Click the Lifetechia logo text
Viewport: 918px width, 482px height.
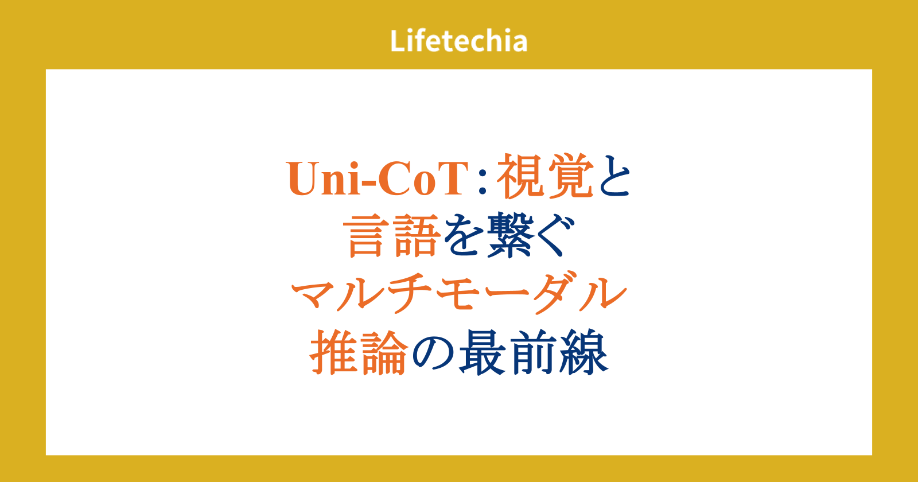click(458, 41)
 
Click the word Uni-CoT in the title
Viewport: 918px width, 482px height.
click(378, 178)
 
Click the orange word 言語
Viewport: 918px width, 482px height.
click(392, 235)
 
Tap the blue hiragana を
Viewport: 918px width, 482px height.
click(462, 236)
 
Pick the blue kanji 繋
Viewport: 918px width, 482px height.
click(508, 235)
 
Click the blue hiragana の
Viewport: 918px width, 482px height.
click(433, 353)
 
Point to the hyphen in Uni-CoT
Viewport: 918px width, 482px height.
click(367, 183)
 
